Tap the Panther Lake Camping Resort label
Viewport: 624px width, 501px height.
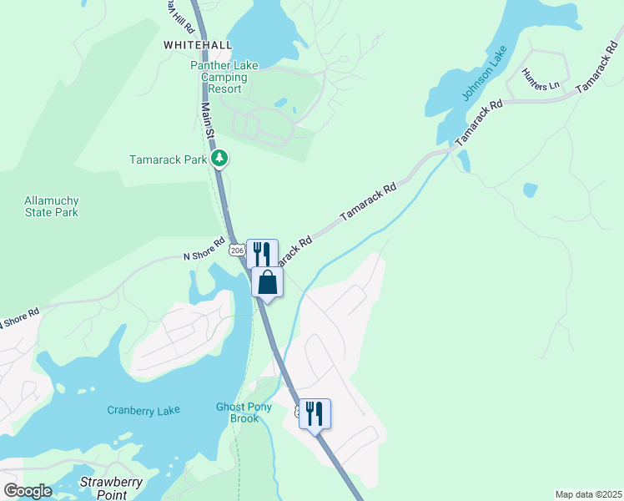224,77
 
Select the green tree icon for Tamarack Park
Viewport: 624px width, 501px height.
219,158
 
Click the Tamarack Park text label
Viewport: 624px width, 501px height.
168,159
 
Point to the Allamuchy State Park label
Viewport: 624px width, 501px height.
52,206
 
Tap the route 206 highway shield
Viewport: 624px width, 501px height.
237,250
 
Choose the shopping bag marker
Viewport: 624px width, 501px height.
268,282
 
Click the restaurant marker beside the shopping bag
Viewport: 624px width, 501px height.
262,252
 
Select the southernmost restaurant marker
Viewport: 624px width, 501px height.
315,413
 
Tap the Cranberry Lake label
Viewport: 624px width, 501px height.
144,410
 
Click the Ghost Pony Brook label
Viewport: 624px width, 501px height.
238,412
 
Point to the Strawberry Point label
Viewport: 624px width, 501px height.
113,488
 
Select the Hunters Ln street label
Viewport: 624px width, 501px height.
540,80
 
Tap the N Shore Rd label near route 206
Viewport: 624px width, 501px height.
205,250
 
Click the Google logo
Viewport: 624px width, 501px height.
28,491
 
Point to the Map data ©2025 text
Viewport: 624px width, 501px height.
588,494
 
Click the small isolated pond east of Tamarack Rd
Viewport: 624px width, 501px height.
531,190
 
